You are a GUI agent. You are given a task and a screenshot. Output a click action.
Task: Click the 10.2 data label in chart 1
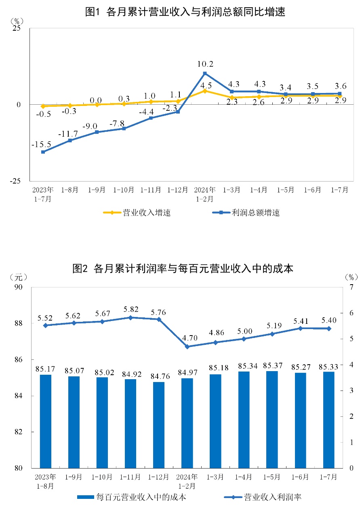[205, 64]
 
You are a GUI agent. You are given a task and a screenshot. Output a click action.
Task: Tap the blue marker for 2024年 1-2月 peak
[205, 73]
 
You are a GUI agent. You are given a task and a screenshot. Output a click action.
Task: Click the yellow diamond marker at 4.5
[205, 91]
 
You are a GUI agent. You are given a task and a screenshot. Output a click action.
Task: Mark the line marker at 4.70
[187, 346]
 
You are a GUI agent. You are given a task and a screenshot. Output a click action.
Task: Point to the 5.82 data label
[131, 310]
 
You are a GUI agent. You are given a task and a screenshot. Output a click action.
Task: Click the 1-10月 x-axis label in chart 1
[124, 190]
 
